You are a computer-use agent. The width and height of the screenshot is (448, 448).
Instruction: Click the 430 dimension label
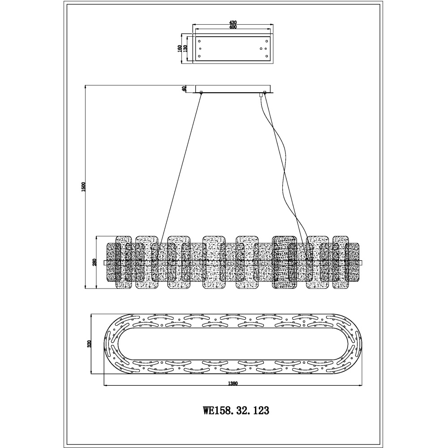click(x=233, y=22)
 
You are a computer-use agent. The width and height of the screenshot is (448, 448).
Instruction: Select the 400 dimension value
click(x=233, y=27)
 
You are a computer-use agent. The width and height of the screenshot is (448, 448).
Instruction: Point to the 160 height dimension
click(x=180, y=48)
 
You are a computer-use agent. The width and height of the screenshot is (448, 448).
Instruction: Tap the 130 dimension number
click(x=185, y=48)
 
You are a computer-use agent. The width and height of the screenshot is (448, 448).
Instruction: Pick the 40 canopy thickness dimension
click(x=184, y=89)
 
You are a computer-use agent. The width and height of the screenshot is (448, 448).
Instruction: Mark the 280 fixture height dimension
click(x=95, y=262)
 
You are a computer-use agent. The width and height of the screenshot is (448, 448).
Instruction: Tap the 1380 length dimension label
click(x=233, y=384)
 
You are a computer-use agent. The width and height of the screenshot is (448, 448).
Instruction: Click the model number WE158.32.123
click(x=236, y=411)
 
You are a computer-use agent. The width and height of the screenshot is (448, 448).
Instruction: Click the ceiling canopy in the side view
click(x=233, y=89)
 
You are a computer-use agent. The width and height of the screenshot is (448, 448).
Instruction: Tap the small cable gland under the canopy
click(x=261, y=95)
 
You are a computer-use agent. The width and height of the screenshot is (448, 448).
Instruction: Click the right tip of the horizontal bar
click(x=362, y=263)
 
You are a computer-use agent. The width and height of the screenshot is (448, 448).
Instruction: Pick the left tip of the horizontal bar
click(x=104, y=263)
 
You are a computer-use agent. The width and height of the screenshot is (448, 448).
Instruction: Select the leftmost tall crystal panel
click(x=124, y=262)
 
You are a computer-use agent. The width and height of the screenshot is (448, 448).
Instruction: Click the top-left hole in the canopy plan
click(x=199, y=41)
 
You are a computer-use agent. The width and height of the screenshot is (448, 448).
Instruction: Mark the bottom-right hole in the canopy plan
click(x=267, y=56)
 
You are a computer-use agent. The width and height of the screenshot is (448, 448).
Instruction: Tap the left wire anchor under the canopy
click(x=201, y=92)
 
